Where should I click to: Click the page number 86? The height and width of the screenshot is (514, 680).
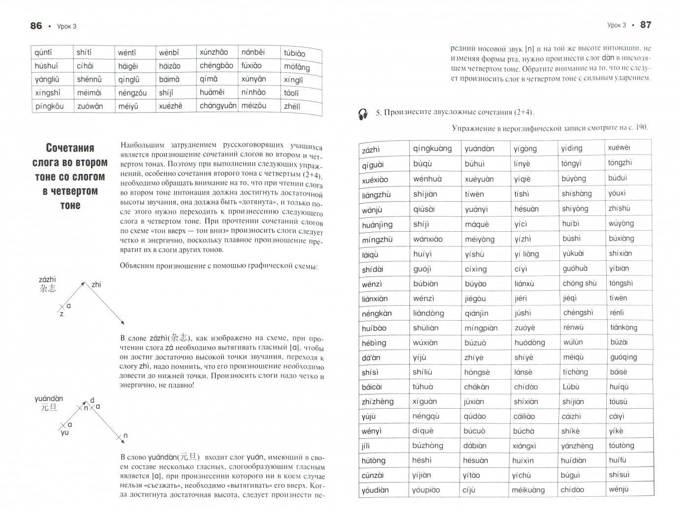36,26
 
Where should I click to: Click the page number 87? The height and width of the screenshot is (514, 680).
646,25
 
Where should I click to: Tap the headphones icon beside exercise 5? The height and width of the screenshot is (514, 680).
363,114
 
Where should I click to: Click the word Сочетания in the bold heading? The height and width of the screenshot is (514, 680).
70,148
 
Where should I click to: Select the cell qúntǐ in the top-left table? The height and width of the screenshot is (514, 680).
43,53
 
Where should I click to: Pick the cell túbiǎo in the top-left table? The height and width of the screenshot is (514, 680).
294,53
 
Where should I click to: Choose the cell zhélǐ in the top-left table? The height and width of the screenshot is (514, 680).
292,106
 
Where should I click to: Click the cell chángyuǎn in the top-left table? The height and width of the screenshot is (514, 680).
218,106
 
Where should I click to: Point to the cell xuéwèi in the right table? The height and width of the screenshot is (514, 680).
619,148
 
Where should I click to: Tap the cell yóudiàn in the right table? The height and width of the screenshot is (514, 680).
375,490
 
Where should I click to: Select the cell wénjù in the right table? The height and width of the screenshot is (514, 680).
618,489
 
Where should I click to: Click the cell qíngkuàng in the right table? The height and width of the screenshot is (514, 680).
432,149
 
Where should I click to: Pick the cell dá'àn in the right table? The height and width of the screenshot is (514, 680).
371,358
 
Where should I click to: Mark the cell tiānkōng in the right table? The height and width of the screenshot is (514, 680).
623,327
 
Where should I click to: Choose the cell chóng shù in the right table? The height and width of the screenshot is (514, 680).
579,283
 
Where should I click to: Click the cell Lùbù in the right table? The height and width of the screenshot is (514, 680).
571,387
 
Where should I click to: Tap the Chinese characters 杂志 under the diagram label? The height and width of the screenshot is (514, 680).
48,289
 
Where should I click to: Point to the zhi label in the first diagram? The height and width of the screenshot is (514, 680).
96,284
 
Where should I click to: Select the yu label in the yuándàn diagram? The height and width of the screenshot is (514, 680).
64,433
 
